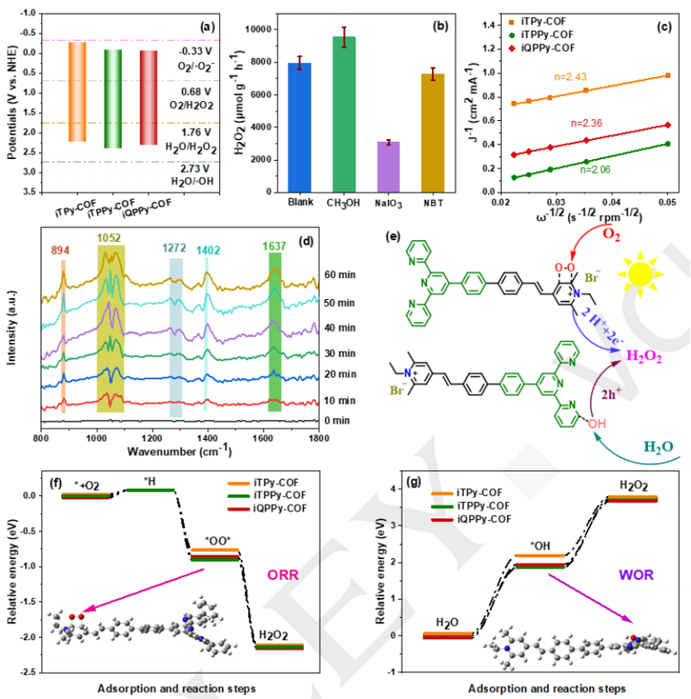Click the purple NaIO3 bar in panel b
click(389, 167)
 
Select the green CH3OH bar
click(344, 114)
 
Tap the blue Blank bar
click(300, 128)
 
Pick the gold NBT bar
click(433, 133)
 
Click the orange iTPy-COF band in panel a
click(77, 92)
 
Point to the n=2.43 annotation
click(570, 77)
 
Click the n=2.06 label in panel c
click(595, 169)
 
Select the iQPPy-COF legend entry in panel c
click(542, 48)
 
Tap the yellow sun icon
click(640, 275)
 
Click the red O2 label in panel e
click(612, 234)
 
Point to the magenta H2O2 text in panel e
click(643, 356)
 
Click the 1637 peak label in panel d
click(274, 246)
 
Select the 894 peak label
click(60, 251)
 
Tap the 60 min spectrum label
click(340, 275)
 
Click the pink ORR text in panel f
click(283, 575)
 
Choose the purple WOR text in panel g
click(637, 575)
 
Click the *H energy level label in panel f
click(149, 481)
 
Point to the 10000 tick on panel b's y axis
click(258, 29)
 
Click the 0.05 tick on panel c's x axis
click(668, 202)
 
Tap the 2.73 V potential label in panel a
click(194, 168)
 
